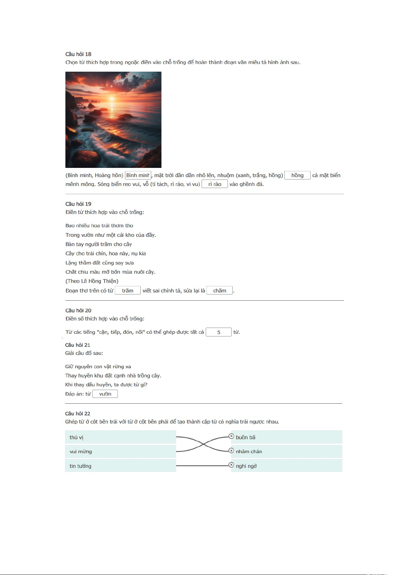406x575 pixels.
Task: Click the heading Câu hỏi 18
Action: click(78, 54)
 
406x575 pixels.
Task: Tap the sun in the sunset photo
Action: click(112, 99)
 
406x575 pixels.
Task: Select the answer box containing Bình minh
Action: click(138, 175)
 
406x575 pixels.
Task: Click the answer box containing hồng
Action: click(297, 175)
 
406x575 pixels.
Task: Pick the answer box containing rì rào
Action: click(215, 184)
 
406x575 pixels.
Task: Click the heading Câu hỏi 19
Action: click(78, 204)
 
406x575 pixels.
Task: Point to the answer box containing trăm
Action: click(128, 290)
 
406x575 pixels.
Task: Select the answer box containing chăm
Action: click(220, 290)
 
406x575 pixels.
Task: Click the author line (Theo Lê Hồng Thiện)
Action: click(92, 281)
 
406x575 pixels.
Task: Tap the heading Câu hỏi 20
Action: click(78, 310)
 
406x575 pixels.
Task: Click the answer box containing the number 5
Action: click(219, 332)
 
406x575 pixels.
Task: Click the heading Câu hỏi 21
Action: click(78, 345)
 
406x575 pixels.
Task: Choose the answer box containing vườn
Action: click(105, 394)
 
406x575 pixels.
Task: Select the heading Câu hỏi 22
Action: click(78, 414)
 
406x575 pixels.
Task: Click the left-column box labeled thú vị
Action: click(120, 437)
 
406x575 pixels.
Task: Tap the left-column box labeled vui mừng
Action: click(120, 451)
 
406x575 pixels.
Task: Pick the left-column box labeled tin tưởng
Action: click(120, 466)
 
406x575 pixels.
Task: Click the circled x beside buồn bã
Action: click(231, 436)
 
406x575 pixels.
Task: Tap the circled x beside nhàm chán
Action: click(231, 451)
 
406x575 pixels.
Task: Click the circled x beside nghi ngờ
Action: click(231, 465)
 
